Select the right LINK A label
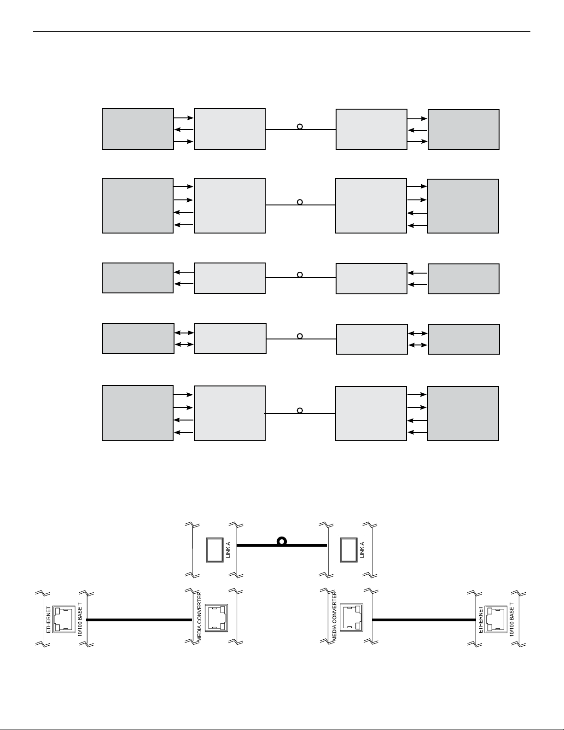pyautogui.click(x=362, y=549)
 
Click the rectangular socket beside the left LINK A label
pyautogui.click(x=213, y=550)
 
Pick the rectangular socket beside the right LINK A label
pyautogui.click(x=348, y=550)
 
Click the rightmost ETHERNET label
pyautogui.click(x=481, y=619)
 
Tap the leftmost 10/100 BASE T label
pyautogui.click(x=80, y=619)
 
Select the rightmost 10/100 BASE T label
pyautogui.click(x=512, y=619)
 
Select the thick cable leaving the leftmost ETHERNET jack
pyautogui.click(x=138, y=620)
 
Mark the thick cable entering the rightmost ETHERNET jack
pyautogui.click(x=424, y=620)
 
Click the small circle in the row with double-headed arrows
pyautogui.click(x=300, y=336)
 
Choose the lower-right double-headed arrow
pyautogui.click(x=418, y=345)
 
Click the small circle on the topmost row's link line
pyautogui.click(x=300, y=126)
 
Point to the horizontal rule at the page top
pyautogui.click(x=282, y=32)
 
